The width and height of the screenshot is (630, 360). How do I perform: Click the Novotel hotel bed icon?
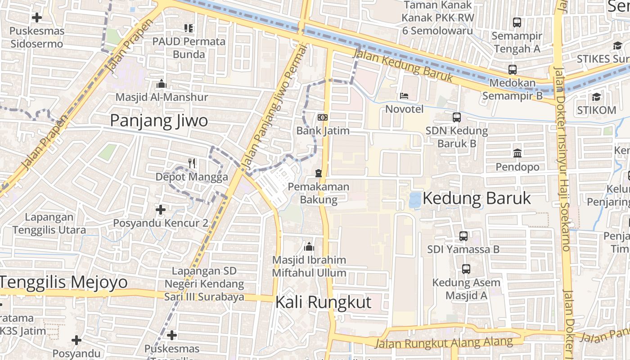404,96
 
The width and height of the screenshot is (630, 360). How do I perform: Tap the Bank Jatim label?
323,131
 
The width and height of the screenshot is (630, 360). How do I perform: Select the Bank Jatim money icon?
322,117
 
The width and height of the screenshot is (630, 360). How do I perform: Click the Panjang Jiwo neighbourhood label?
159,121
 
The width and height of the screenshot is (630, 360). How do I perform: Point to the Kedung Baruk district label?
477,198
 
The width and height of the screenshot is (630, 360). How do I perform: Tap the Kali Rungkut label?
323,302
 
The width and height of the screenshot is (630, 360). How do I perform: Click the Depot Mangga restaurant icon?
192,163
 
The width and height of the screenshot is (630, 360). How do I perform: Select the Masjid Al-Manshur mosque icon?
161,84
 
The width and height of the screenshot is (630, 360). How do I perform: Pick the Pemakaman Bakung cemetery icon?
319,173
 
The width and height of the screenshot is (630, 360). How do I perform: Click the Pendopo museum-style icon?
517,153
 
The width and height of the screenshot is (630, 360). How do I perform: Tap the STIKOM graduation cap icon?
596,97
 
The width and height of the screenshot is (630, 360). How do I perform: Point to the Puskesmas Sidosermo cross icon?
37,18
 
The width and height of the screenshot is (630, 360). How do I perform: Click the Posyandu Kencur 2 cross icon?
160,209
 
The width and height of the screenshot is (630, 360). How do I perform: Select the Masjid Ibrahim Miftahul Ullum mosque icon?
309,247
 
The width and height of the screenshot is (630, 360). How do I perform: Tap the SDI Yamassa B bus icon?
463,236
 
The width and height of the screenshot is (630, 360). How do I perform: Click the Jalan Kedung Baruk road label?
403,66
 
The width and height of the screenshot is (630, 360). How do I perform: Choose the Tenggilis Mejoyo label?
63,282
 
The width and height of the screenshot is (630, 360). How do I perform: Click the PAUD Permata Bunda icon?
189,28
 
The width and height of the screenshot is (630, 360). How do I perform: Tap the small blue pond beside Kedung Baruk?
414,200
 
